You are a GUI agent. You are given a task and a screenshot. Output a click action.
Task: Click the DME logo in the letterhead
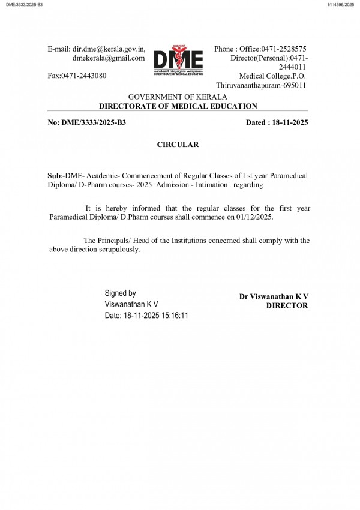coord(178,59)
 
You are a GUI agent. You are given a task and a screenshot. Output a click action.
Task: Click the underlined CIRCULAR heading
coord(178,145)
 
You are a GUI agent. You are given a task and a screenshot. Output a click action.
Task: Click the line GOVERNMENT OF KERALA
coord(178,97)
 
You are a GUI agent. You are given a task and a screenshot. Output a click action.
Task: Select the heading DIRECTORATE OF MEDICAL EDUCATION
coord(178,106)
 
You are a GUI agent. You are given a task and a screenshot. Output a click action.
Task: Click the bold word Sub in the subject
coord(54,175)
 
